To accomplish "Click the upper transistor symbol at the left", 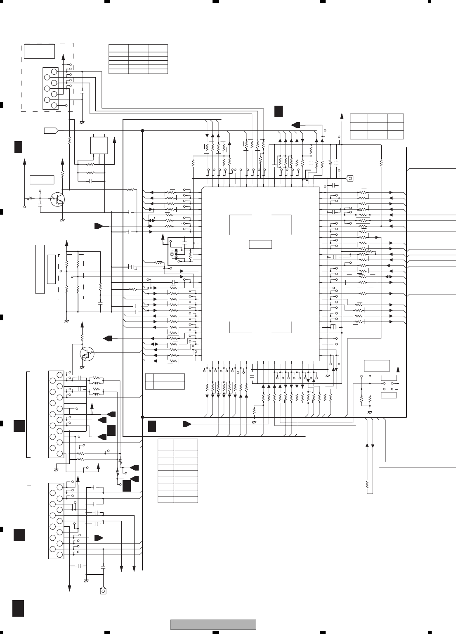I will pyautogui.click(x=57, y=200).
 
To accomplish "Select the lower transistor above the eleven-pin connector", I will pyautogui.click(x=86, y=353).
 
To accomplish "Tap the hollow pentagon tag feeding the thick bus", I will pyautogui.click(x=50, y=130).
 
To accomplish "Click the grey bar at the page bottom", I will pyautogui.click(x=213, y=625).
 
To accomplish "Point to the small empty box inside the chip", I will pyautogui.click(x=260, y=244).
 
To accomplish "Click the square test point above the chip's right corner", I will pyautogui.click(x=350, y=178).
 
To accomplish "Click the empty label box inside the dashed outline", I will pyautogui.click(x=39, y=51).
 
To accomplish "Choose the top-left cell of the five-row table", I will pyautogui.click(x=118, y=47).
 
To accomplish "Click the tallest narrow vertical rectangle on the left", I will pyautogui.click(x=40, y=269).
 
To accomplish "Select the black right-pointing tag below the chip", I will pyautogui.click(x=187, y=424).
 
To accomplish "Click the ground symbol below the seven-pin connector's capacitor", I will pyautogui.click(x=81, y=122).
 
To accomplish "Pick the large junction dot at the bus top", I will pyautogui.click(x=142, y=130).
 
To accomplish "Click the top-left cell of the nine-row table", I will pyautogui.click(x=166, y=445).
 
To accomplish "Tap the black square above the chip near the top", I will pyautogui.click(x=279, y=111).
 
